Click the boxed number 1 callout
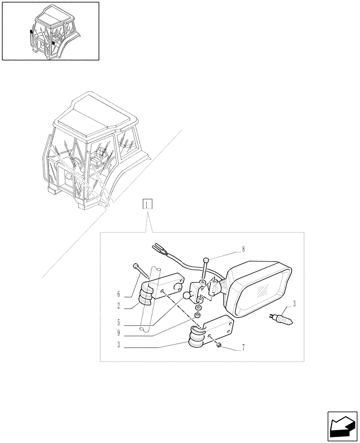147,204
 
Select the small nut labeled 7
219,345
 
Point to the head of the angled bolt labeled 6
135,266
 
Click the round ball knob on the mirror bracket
187,295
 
